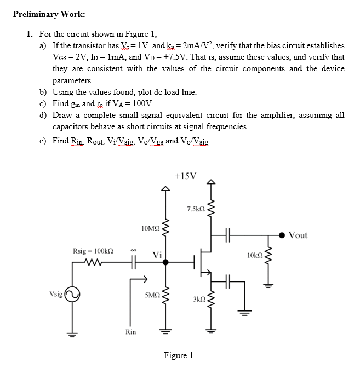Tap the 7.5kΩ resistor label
coord(196,209)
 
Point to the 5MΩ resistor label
coord(152,295)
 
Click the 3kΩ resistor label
coord(198,300)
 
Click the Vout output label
coord(298,235)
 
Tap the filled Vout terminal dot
coord(282,235)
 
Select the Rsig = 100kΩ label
coord(93,251)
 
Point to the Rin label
coord(130,332)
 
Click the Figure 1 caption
coord(178,355)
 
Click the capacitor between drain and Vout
coord(229,235)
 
